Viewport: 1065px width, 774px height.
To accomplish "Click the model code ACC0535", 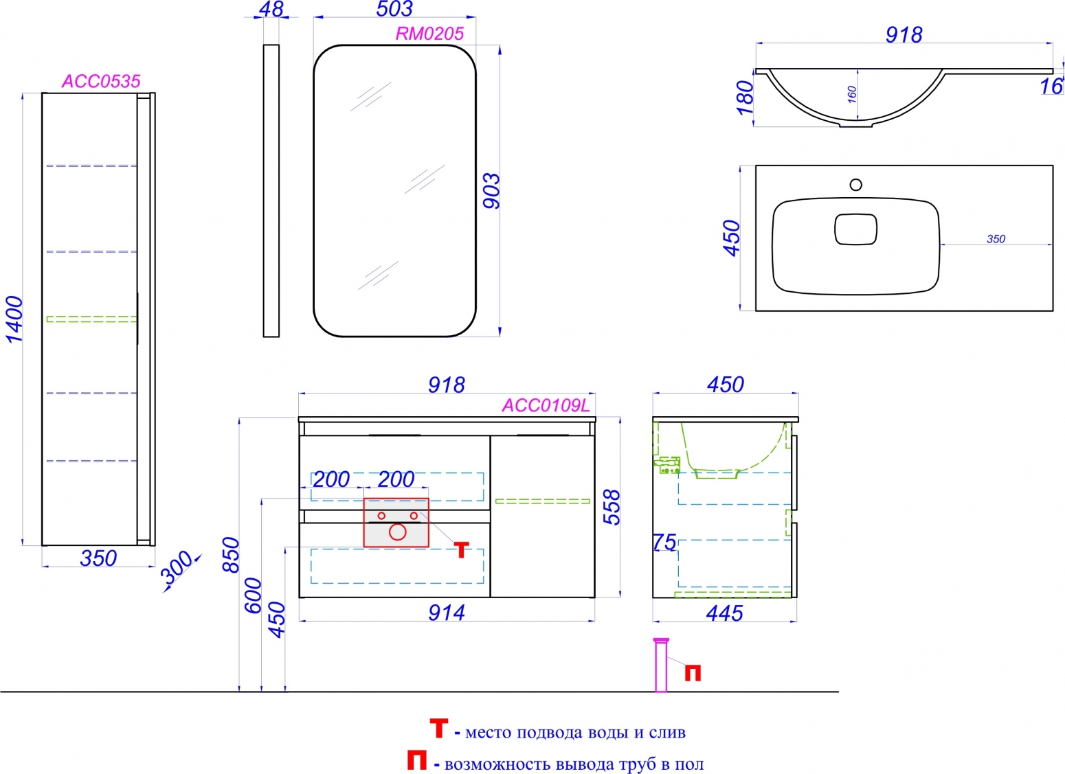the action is tap(101, 81).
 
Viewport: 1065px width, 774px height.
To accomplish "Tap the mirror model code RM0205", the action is tap(429, 34).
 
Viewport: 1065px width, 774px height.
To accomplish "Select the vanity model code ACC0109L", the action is tap(546, 405).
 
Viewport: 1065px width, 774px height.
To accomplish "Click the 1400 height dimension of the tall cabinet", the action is tap(14, 319).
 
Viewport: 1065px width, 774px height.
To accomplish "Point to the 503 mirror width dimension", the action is tap(394, 9).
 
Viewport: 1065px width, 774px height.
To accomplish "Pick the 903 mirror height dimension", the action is tap(491, 191).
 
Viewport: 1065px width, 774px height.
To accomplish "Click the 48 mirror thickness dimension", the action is tap(271, 9).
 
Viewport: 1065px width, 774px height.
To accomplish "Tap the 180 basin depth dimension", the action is tap(745, 98).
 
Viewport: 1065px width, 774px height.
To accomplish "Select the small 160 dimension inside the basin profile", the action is tap(852, 95).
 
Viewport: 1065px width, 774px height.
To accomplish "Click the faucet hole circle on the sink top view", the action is tap(856, 184).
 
